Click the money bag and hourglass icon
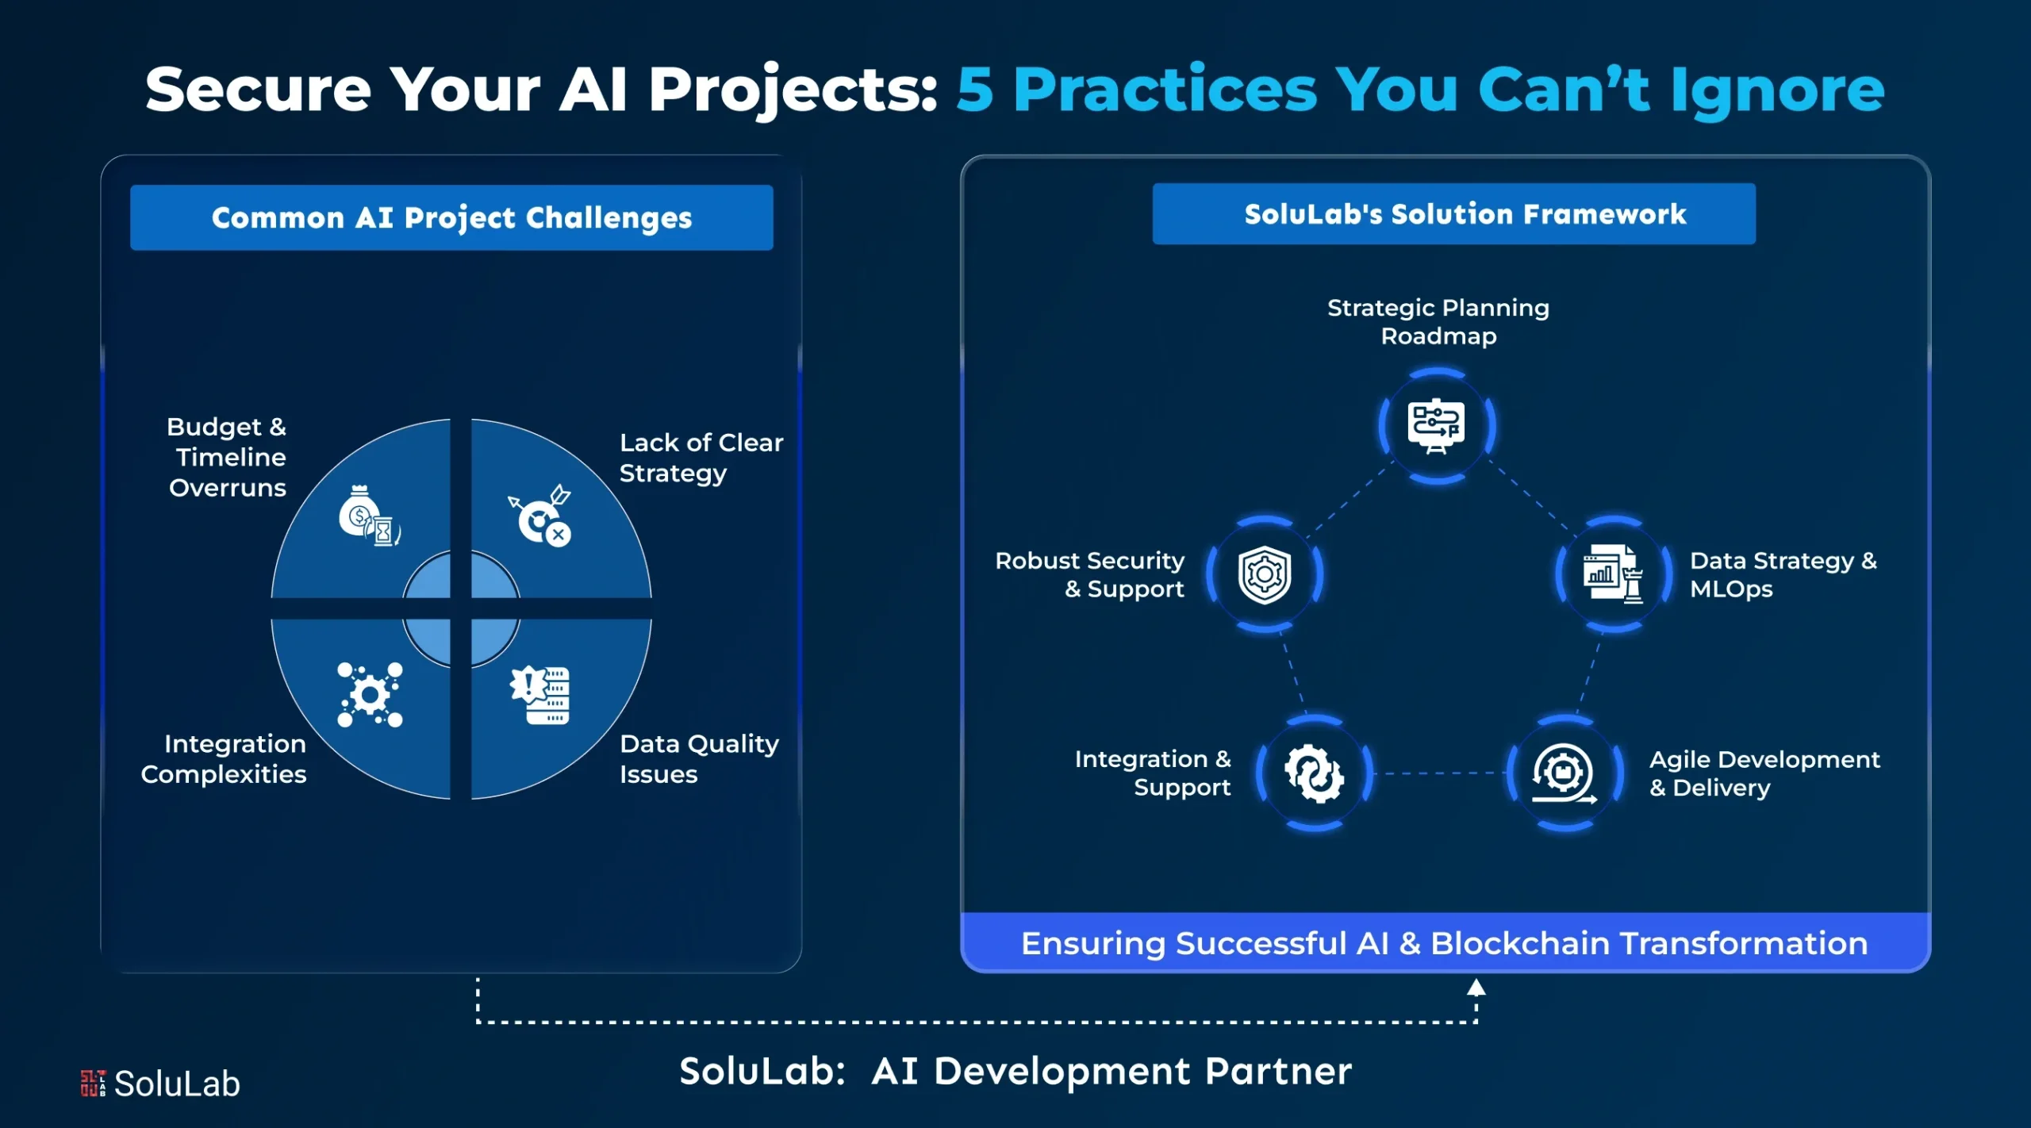tap(369, 515)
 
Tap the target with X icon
tap(540, 516)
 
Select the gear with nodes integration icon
tap(370, 695)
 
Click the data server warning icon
tap(541, 694)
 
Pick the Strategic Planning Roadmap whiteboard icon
tap(1437, 425)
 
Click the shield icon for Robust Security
tap(1265, 574)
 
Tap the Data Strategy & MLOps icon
tap(1612, 574)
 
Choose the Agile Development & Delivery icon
tap(1564, 773)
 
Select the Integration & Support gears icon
tap(1315, 773)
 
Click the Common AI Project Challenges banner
tap(451, 217)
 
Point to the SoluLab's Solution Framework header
tap(1453, 214)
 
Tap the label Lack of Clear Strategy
tap(700, 458)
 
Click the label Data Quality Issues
tap(698, 758)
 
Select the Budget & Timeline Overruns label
tap(228, 457)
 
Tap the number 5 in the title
tap(975, 90)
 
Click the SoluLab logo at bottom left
tap(161, 1084)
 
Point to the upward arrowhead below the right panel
tap(1476, 988)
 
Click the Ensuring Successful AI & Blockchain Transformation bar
tap(1445, 943)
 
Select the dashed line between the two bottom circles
tap(1440, 773)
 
